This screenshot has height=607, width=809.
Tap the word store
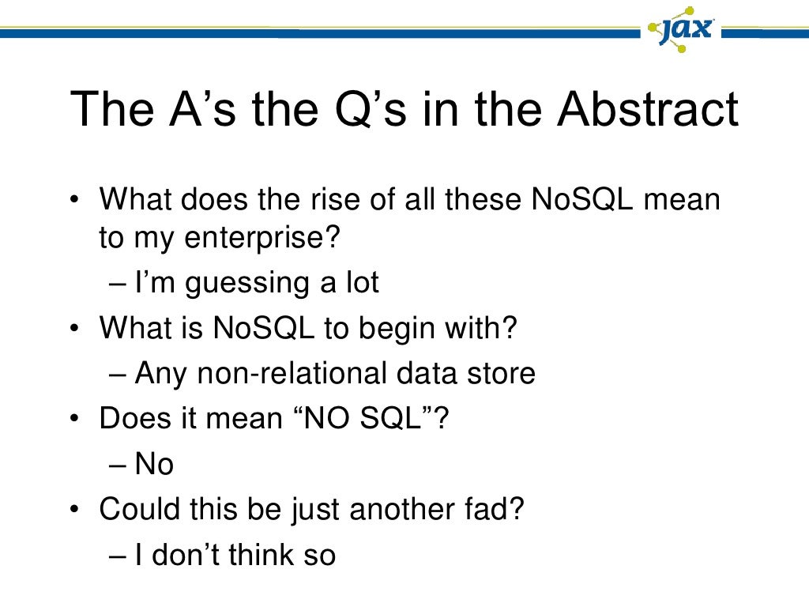pyautogui.click(x=499, y=373)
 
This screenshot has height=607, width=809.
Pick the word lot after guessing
pyautogui.click(x=360, y=283)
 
